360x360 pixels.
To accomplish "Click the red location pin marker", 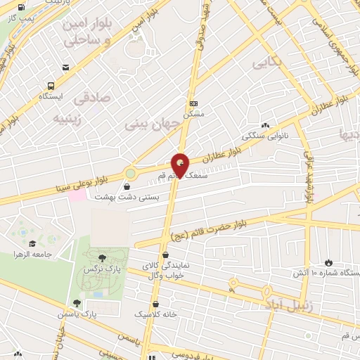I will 180,166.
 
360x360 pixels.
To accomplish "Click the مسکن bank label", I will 193,113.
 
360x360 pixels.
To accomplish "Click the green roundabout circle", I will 130,173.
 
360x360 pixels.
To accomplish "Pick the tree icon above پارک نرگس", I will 103,258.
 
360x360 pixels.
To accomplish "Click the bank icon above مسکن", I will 193,102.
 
